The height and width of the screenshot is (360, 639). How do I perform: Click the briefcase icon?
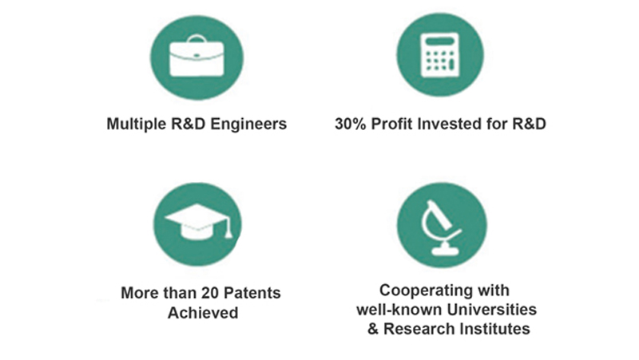coord(196,57)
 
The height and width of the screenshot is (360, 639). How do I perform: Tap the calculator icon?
coord(440,55)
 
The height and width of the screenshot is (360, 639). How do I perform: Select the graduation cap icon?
coord(198,222)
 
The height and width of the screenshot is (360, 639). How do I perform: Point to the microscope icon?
coord(441,227)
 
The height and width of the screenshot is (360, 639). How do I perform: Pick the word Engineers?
coord(248,125)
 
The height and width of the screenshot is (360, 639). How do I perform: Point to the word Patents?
coord(252,293)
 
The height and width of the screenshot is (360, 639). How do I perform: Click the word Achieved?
coord(203,313)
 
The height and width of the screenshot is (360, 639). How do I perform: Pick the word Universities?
coord(492,310)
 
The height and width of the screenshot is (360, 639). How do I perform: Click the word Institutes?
coord(494,329)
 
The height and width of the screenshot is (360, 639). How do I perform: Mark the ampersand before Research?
coord(373,329)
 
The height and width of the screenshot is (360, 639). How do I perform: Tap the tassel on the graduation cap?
coord(228,229)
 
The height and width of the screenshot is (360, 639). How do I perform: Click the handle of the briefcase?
coord(196,39)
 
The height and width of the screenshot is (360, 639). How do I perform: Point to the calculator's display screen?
coord(440,42)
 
